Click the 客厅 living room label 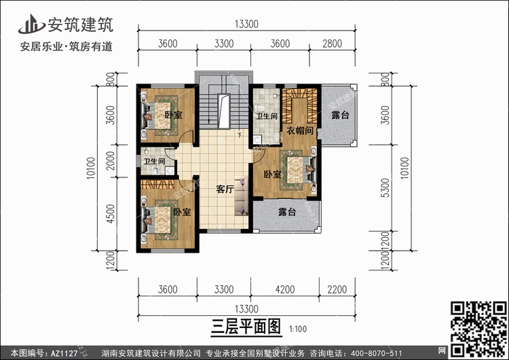[x=225, y=189]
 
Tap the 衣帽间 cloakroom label [x=299, y=130]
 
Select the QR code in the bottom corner [x=479, y=329]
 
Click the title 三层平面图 [x=246, y=327]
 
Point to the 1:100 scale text [x=298, y=329]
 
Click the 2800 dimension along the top [x=332, y=43]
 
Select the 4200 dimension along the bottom [x=284, y=289]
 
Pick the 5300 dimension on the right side [x=385, y=187]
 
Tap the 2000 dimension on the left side [x=111, y=161]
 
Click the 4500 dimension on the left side [x=111, y=214]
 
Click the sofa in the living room [x=242, y=196]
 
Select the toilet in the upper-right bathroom [x=260, y=108]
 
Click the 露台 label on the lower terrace [x=287, y=212]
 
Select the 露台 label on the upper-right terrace [x=340, y=115]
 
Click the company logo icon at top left [x=31, y=24]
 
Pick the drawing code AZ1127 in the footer [x=64, y=353]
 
